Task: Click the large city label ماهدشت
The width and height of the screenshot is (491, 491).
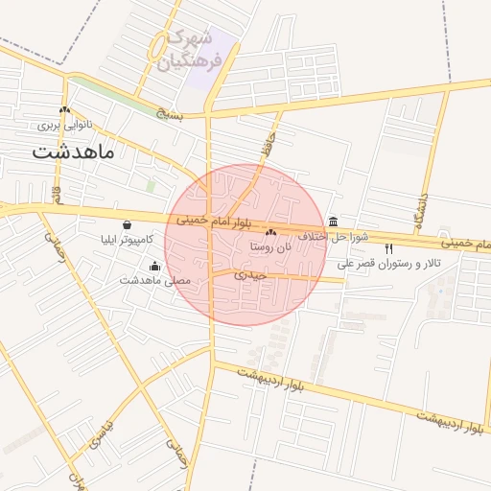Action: [x=73, y=152]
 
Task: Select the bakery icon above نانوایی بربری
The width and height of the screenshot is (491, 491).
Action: [x=64, y=110]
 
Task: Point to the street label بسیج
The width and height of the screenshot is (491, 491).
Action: [x=172, y=110]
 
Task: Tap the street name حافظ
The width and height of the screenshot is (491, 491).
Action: [x=268, y=147]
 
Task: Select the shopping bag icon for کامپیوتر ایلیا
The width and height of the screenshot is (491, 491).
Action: [x=127, y=224]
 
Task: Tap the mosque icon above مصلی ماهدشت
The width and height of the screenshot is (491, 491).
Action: [x=155, y=266]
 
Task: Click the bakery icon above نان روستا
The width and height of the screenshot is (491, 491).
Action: [x=271, y=232]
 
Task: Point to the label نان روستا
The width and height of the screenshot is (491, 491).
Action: [x=271, y=246]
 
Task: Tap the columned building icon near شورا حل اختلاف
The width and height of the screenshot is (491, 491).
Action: [x=333, y=222]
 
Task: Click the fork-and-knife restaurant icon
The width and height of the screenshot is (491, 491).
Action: [x=388, y=248]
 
